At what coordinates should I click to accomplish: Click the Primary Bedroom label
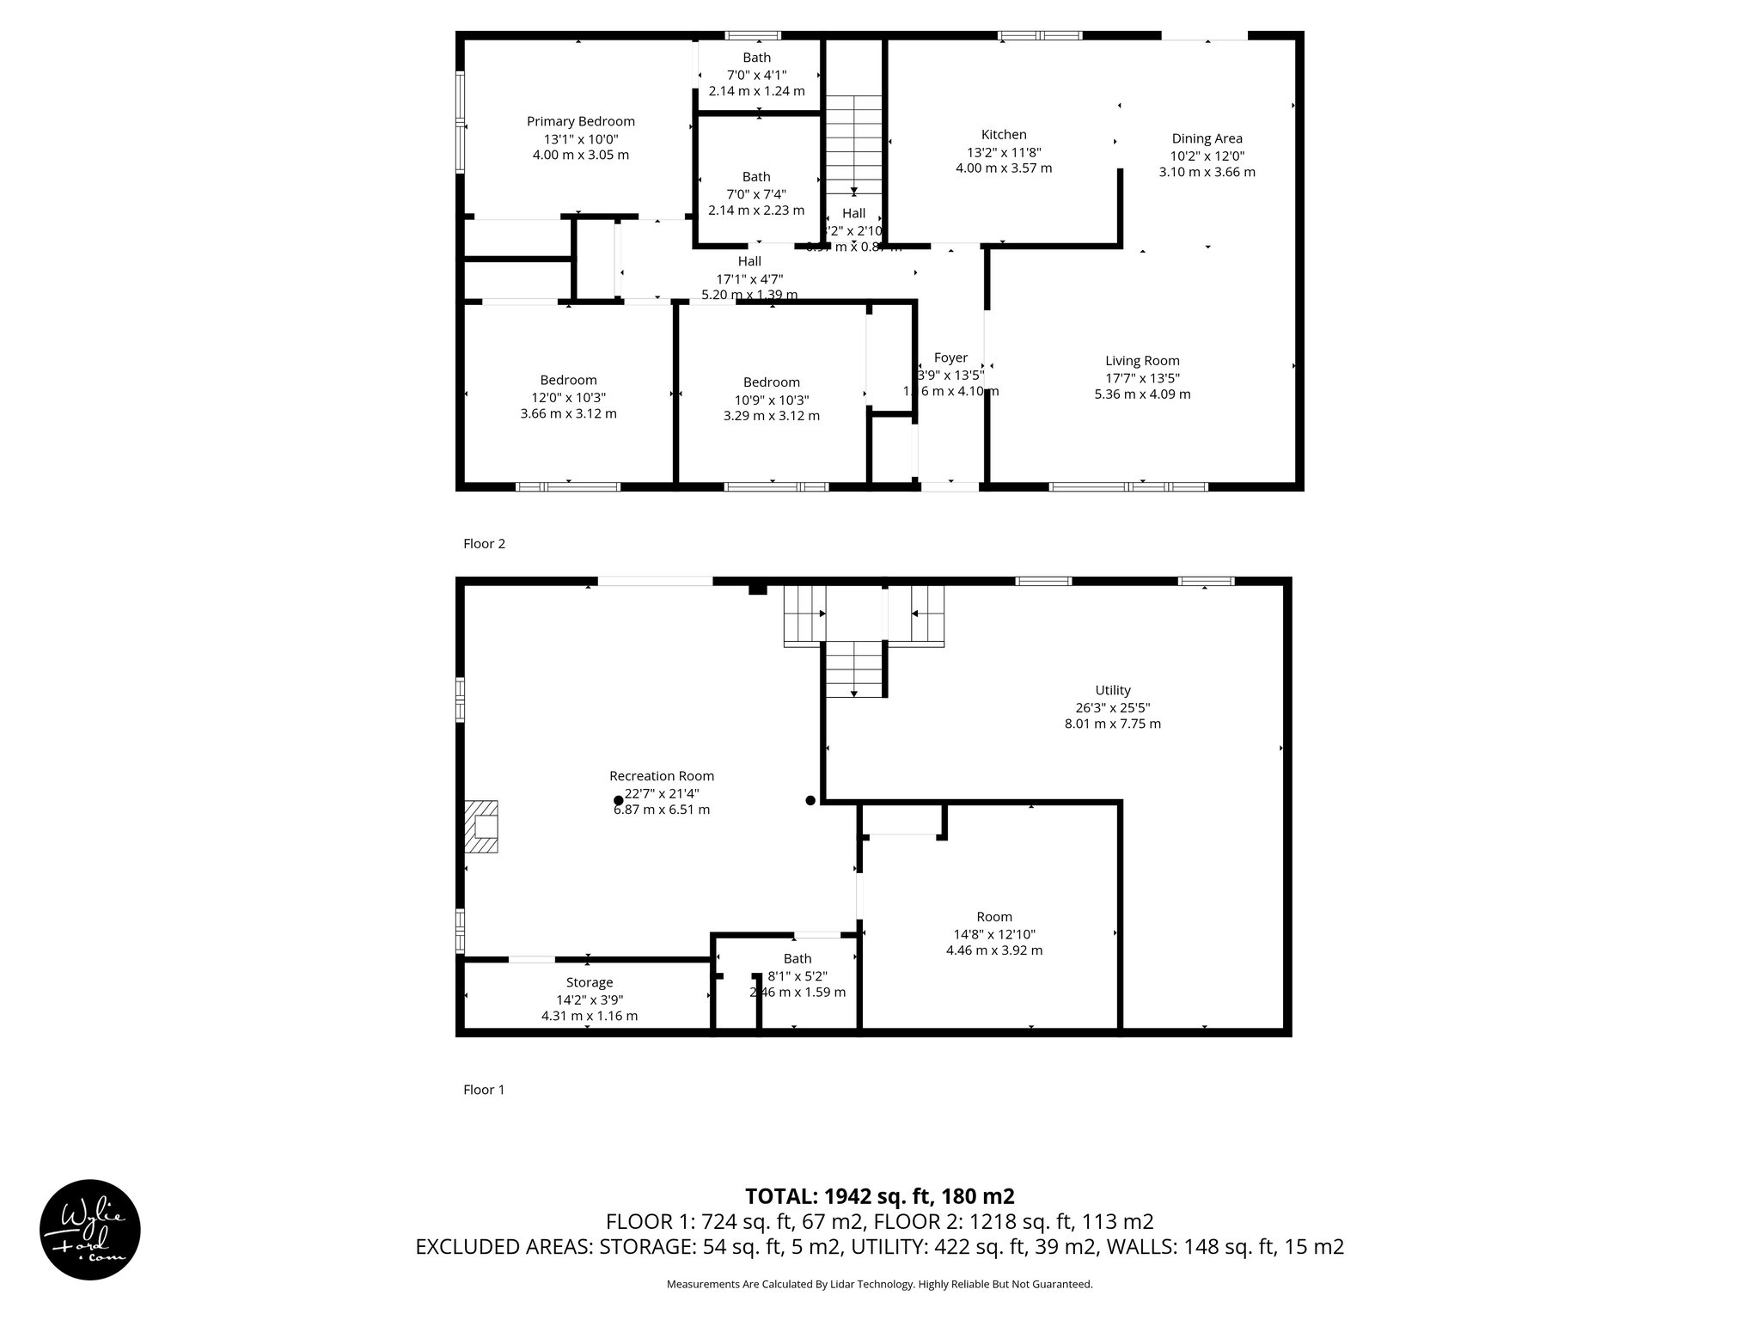(580, 121)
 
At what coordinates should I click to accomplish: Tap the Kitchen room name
(1004, 134)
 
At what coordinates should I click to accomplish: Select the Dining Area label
(1207, 138)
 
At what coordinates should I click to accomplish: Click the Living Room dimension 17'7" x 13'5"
(1142, 378)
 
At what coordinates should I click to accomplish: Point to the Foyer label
(950, 357)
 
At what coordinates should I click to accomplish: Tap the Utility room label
(1113, 690)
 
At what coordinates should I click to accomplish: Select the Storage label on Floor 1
(590, 982)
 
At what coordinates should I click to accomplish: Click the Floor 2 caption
(485, 543)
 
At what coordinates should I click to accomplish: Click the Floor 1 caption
(484, 1090)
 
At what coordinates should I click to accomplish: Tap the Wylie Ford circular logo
(90, 1229)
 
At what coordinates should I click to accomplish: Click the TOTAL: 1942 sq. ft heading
(879, 1195)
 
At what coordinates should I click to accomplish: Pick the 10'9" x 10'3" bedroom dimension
(771, 400)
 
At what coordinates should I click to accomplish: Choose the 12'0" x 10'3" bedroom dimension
(568, 397)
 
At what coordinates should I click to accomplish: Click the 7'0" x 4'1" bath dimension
(756, 75)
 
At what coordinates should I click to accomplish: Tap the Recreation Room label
(662, 776)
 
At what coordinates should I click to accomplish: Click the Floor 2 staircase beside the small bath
(853, 146)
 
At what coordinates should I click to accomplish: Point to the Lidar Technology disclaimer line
(879, 1284)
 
